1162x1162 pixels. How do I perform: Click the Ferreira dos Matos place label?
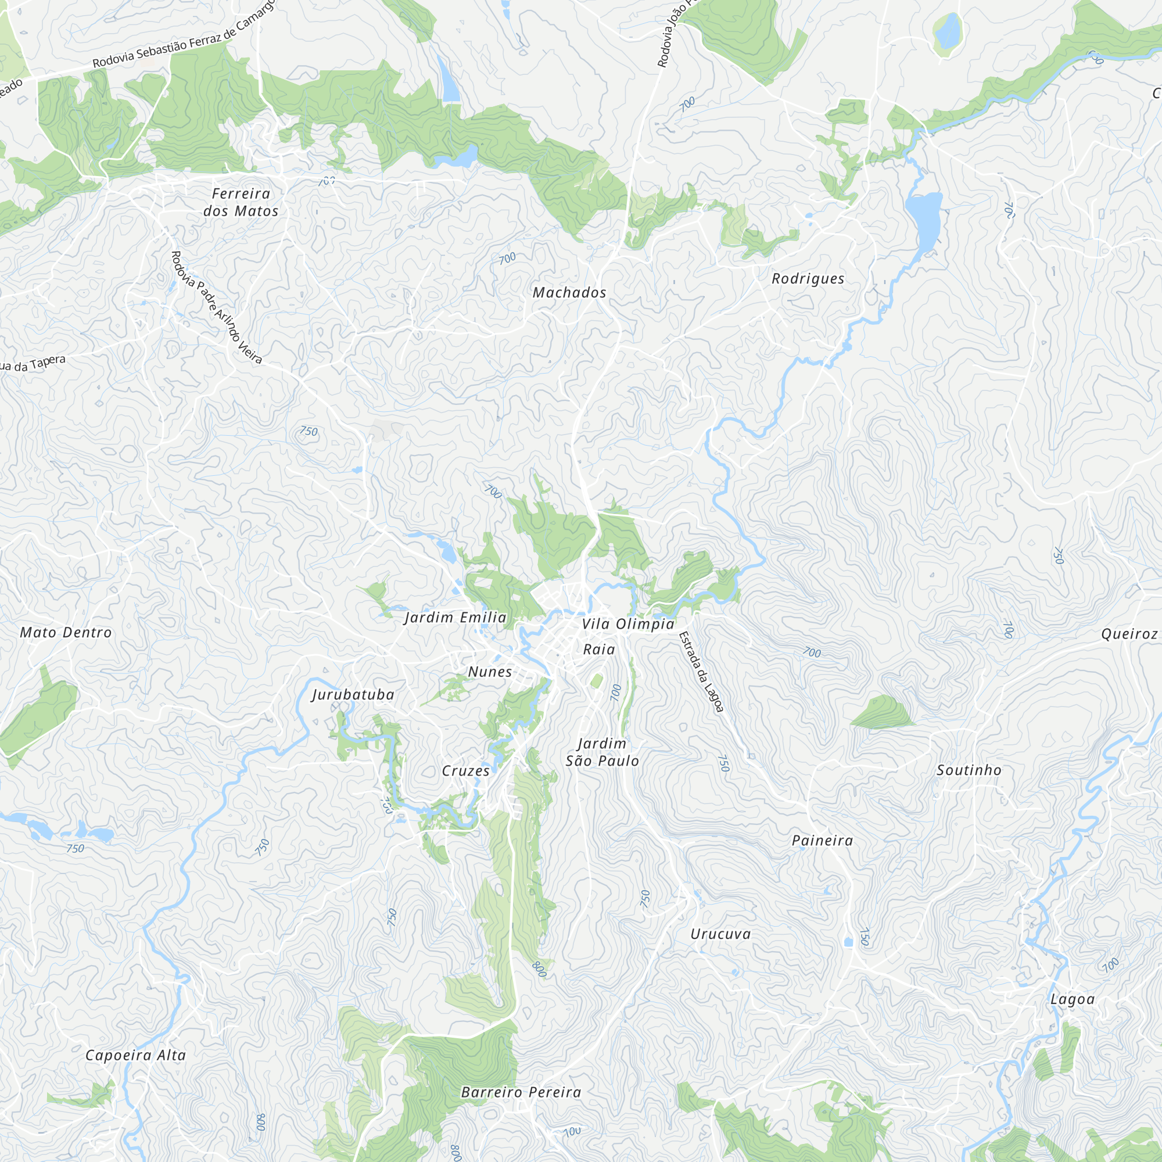click(241, 202)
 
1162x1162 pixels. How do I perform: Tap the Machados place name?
click(569, 293)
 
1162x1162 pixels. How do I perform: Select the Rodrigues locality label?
click(808, 279)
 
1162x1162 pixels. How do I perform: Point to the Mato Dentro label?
click(66, 633)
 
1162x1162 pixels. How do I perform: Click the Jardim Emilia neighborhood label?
click(456, 618)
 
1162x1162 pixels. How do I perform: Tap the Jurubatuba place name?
click(353, 695)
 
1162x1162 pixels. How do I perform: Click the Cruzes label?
click(465, 771)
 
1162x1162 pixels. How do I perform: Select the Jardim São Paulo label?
click(602, 752)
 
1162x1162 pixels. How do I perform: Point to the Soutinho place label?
click(969, 770)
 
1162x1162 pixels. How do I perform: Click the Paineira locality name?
click(822, 841)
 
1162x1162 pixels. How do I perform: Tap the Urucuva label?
click(720, 934)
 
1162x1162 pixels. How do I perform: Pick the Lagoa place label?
click(1073, 999)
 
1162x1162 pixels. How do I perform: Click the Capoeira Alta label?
click(135, 1056)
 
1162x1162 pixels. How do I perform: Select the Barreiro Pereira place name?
click(521, 1092)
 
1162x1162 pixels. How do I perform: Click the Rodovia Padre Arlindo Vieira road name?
click(216, 307)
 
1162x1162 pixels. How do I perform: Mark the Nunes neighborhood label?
click(490, 672)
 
